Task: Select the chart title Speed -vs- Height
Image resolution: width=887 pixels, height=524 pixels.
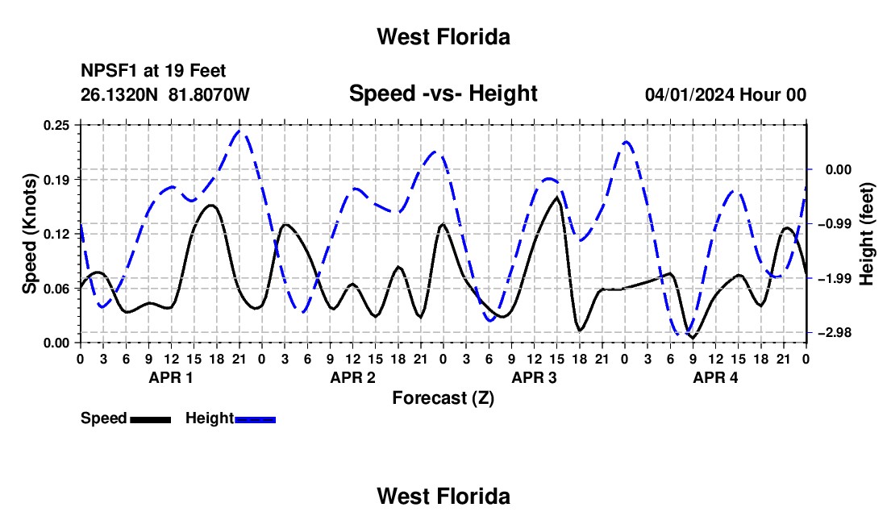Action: [443, 94]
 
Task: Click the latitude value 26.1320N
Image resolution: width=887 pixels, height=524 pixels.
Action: [119, 94]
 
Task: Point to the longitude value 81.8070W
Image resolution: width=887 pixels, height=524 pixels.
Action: [209, 94]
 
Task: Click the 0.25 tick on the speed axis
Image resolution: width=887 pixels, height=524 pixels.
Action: [56, 125]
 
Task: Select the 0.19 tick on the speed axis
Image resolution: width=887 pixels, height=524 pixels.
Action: [56, 180]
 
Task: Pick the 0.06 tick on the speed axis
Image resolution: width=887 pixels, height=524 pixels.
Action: [56, 289]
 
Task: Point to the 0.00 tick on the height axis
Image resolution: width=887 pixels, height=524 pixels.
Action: [839, 169]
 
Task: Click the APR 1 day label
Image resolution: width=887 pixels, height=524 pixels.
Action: [171, 377]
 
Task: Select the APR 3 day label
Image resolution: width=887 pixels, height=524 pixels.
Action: [534, 377]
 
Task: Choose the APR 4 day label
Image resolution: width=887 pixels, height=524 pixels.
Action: [715, 377]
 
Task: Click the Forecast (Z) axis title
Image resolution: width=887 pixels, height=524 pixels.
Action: [443, 398]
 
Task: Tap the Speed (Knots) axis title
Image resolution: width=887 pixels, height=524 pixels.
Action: [29, 234]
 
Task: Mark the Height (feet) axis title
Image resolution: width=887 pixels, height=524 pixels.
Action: [866, 234]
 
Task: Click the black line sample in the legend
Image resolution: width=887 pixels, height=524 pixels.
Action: [151, 419]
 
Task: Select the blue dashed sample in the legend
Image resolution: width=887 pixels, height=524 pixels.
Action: [255, 419]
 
